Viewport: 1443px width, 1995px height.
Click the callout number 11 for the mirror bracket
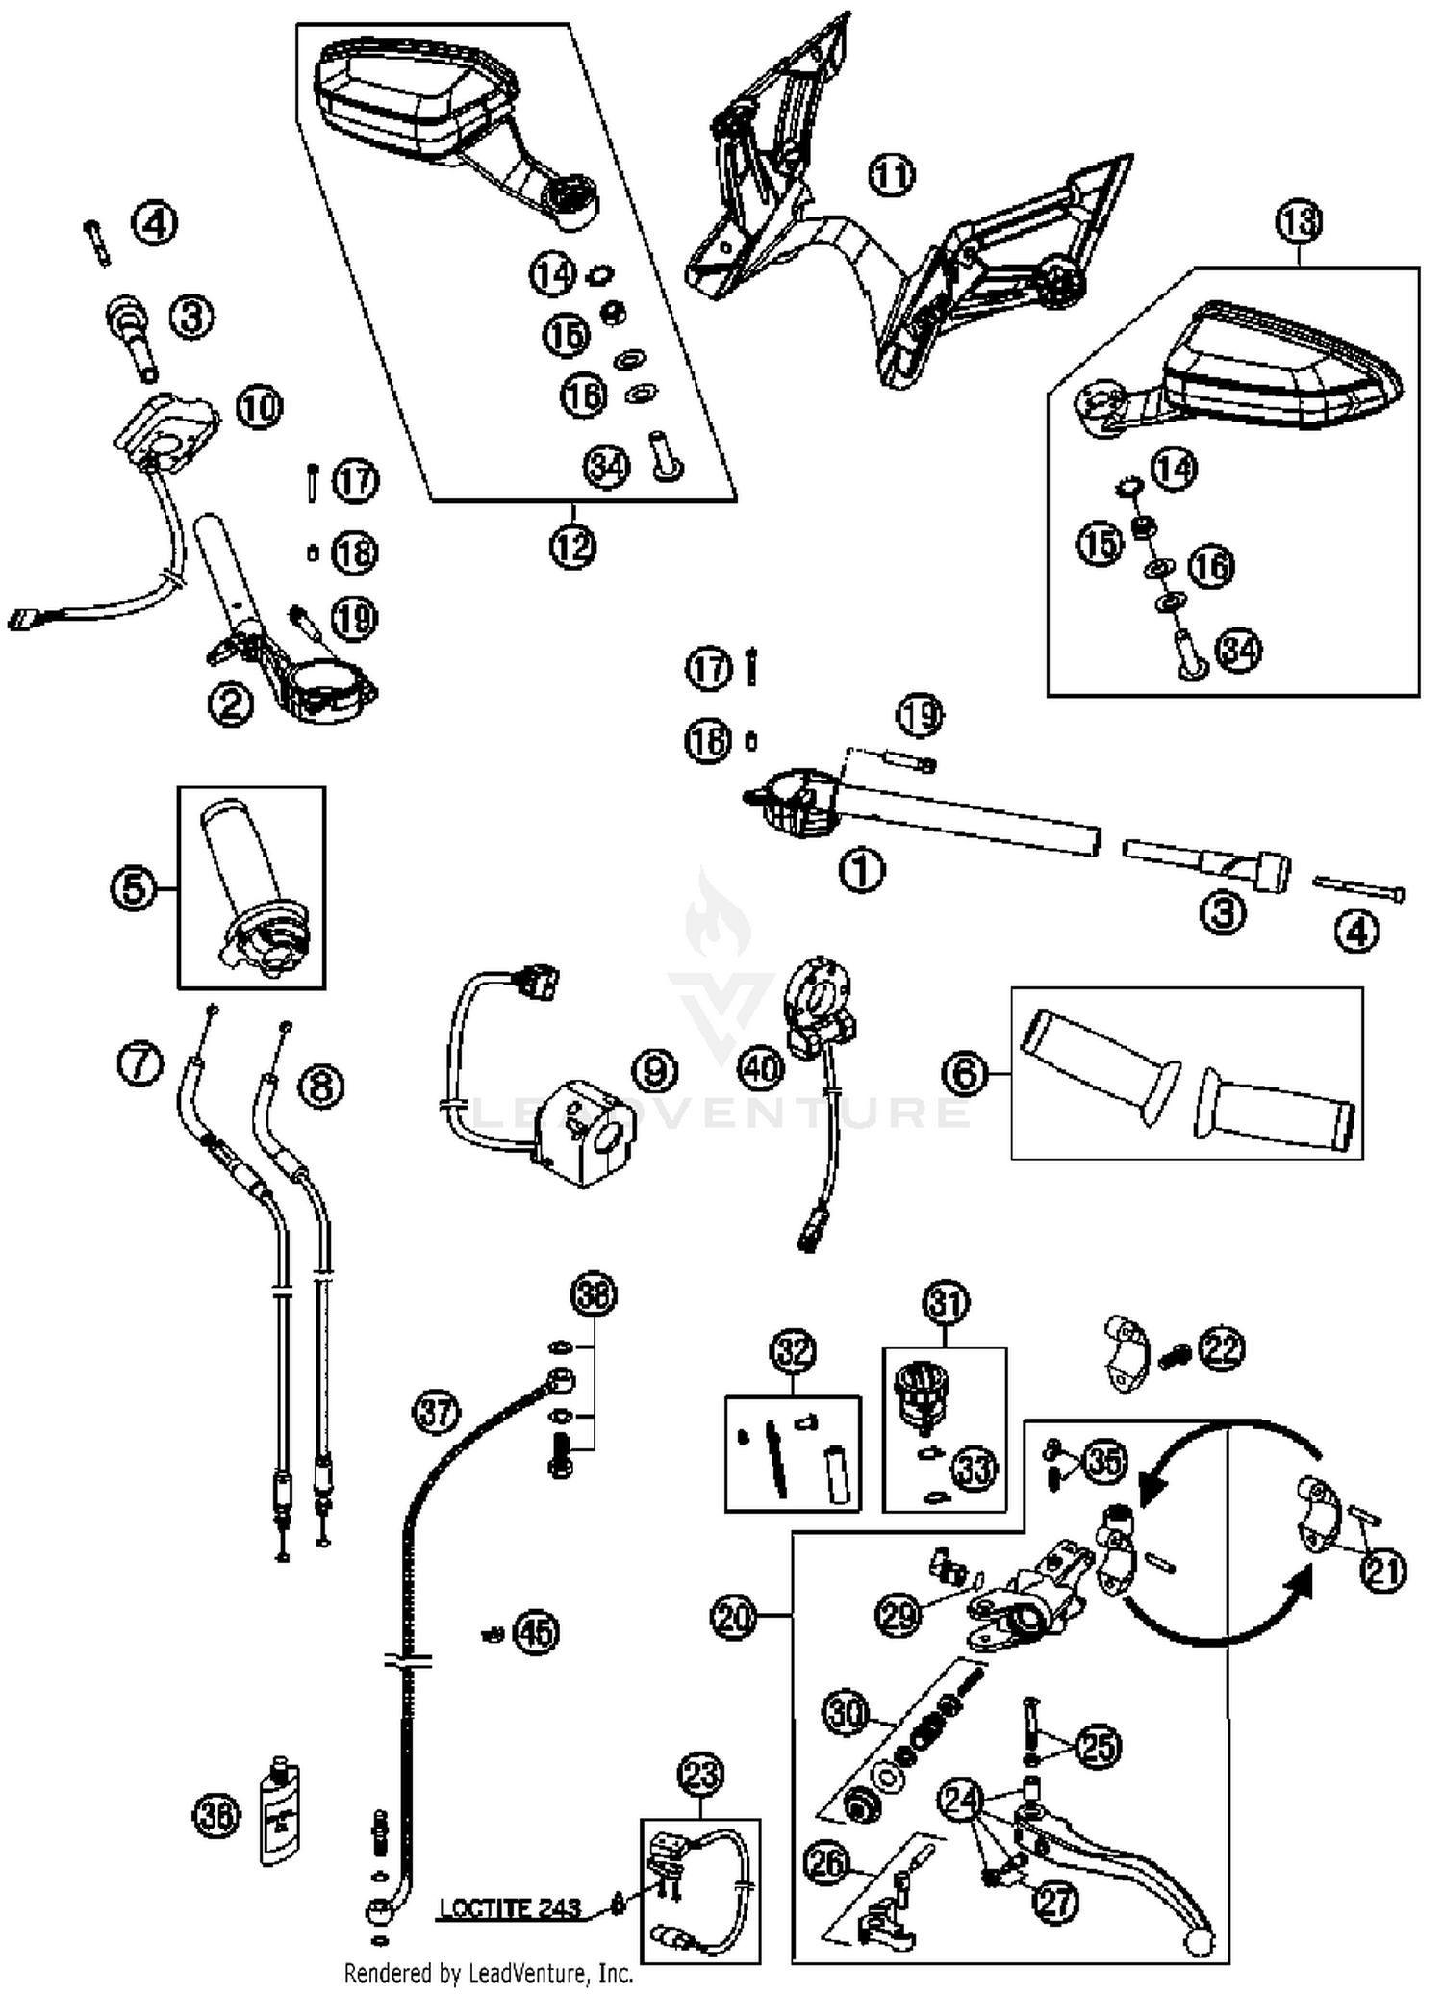coord(892,175)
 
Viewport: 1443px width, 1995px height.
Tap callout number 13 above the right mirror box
coord(1299,222)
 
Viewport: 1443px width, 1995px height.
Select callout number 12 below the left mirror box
coord(573,547)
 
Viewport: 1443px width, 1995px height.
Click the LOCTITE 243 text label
coord(510,1907)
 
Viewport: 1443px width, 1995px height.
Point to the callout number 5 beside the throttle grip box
coord(134,888)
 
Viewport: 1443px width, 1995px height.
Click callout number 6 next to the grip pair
coord(966,1072)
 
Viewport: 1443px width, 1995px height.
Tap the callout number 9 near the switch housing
coord(655,1069)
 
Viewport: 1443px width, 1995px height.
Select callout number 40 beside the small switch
coord(761,1067)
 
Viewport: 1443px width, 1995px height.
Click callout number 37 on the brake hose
coord(437,1413)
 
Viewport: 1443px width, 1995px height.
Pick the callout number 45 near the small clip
coord(536,1632)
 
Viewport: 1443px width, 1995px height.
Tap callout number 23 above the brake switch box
coord(700,1773)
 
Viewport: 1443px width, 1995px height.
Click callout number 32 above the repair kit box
coord(794,1351)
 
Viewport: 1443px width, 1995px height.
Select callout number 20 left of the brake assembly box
coord(734,1618)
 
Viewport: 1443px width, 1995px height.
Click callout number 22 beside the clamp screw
coord(1221,1348)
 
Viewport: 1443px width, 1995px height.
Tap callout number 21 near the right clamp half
coord(1383,1571)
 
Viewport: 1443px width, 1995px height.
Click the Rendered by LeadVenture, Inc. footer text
coord(489,1974)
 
